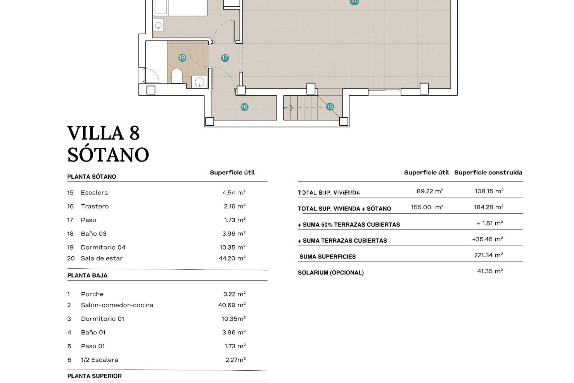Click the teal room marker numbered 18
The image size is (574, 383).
pos(182,58)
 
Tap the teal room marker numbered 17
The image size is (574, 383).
pos(225,58)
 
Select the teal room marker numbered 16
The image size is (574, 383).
pos(244,107)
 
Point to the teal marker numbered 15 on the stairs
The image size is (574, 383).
pos(330,107)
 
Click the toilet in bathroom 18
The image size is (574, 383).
pos(177,76)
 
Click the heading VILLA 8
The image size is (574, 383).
pos(103,133)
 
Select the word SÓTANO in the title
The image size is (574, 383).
pos(108,155)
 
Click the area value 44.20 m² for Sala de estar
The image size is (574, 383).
pos(232,258)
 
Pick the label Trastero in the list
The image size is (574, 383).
pos(95,206)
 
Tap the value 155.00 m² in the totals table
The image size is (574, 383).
pos(427,207)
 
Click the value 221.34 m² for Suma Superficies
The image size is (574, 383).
pos(488,255)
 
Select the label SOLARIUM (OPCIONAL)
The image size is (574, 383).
pos(331,273)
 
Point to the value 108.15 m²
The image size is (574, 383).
pos(489,191)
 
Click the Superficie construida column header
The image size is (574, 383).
pos(488,173)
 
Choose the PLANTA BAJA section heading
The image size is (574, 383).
pos(87,276)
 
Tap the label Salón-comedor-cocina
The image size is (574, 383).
pos(117,305)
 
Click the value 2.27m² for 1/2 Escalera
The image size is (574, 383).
pos(236,360)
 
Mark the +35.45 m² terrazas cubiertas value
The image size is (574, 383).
pos(487,239)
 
